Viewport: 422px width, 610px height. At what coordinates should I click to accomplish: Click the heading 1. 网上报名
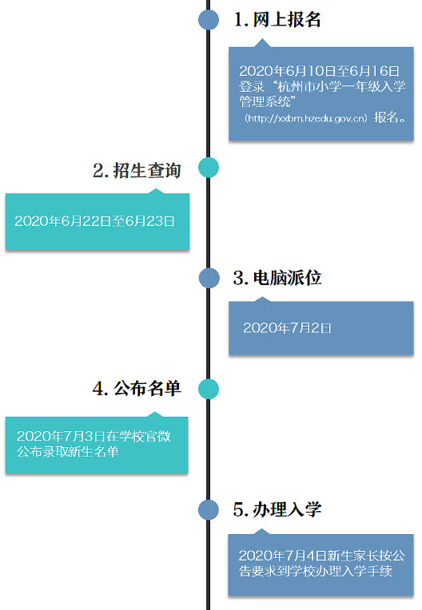277,19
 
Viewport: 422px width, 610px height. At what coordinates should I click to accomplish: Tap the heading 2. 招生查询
137,170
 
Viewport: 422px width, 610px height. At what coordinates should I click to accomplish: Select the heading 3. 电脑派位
277,278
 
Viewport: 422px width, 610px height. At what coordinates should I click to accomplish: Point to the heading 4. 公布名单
137,388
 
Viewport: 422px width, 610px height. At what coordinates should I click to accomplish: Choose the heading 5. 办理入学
277,509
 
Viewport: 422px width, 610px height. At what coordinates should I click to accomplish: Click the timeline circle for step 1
209,19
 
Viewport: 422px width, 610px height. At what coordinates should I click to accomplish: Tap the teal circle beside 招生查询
209,168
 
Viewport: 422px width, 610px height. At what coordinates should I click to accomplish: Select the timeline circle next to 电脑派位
209,278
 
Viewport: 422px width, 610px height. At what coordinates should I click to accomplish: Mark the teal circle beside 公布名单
209,389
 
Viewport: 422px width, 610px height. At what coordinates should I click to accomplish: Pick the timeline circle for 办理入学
209,509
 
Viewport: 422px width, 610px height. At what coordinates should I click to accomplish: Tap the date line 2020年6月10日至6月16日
319,71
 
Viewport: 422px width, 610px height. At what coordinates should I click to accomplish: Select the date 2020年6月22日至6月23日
94,221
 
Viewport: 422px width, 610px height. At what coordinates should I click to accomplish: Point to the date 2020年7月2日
287,328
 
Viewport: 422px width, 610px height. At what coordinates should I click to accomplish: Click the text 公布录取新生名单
68,452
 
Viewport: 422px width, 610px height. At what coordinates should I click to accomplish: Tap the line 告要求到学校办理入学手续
316,571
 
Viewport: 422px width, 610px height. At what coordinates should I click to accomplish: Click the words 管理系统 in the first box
265,101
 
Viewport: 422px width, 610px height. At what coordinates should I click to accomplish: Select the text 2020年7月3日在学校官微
94,436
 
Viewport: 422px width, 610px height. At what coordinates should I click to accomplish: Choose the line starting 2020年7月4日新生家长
322,555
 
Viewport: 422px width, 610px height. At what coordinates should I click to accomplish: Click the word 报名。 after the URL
390,117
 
